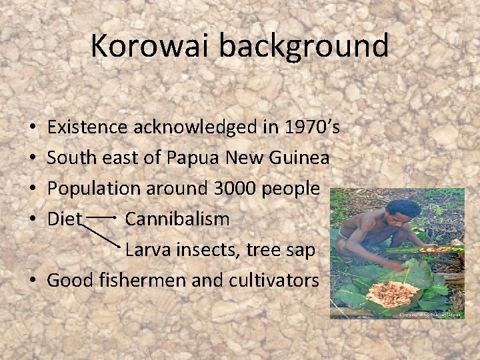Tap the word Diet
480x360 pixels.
[64, 219]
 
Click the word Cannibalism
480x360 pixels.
[177, 219]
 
